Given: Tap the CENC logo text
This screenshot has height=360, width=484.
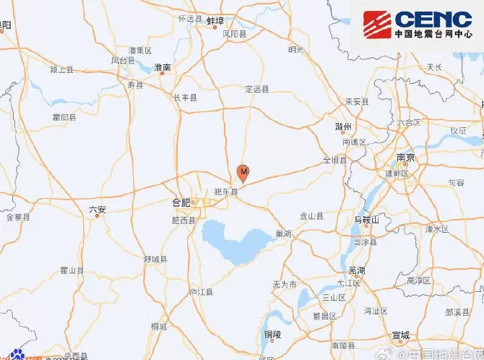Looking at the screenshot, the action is coord(433,19).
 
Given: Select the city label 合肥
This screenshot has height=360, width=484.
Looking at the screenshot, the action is coord(181,203).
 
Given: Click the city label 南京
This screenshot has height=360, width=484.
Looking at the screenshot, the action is coord(405,158).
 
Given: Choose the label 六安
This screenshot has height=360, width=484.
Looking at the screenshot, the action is coord(97,210).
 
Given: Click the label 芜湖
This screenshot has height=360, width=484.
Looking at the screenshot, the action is coord(356,270).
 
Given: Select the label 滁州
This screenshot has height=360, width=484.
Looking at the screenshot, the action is coord(343,127).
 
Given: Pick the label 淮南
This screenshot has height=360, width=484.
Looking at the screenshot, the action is coord(163,67).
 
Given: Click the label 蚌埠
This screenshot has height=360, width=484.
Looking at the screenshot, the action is coord(216,21).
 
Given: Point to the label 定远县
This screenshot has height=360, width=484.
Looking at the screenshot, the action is coord(256,89).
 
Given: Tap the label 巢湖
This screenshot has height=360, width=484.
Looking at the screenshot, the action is coord(283,234).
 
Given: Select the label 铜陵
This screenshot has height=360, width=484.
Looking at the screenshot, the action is coord(272,335).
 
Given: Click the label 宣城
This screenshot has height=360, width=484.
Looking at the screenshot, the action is coord(399,335).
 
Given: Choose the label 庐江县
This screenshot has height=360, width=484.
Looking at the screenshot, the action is coord(201,292).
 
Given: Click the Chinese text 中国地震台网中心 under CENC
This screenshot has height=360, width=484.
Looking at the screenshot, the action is coord(433,33).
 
